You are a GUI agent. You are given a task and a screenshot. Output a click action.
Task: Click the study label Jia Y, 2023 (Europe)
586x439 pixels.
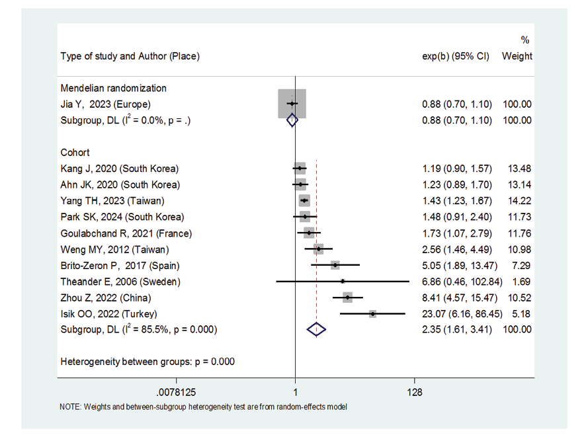[105, 104]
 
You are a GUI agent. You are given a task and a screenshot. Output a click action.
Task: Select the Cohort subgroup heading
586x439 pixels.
[75, 153]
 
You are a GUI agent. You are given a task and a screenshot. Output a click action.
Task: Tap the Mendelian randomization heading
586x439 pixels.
[113, 88]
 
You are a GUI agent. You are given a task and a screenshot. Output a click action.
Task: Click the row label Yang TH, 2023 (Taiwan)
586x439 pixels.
[112, 201]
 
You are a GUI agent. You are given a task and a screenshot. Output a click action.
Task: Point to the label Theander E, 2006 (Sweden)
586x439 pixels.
[120, 282]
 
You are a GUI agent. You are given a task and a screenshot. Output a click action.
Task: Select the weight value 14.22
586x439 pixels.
[520, 201]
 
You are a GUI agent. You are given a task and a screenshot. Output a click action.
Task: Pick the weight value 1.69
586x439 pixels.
[523, 282]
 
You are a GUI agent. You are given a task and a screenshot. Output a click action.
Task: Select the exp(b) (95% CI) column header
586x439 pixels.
[456, 56]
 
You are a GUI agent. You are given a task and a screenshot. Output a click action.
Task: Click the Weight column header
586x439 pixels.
[517, 56]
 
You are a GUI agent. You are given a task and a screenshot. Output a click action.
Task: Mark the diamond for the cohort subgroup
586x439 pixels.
[317, 329]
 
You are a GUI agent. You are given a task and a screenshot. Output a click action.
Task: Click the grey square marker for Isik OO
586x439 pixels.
[372, 313]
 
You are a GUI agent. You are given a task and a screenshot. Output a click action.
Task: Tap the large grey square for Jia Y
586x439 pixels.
[292, 104]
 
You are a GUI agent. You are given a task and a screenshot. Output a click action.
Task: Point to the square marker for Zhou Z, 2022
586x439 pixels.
[347, 298]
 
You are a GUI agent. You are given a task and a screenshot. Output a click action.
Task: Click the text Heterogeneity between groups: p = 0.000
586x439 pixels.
[147, 362]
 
